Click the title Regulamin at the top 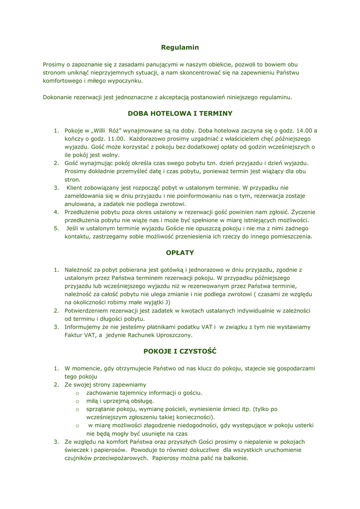(x=180, y=47)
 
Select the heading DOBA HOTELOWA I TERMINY (x=180, y=113)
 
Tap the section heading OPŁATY (x=180, y=253)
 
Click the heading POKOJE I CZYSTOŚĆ (x=180, y=351)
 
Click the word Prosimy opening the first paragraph (x=54, y=64)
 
